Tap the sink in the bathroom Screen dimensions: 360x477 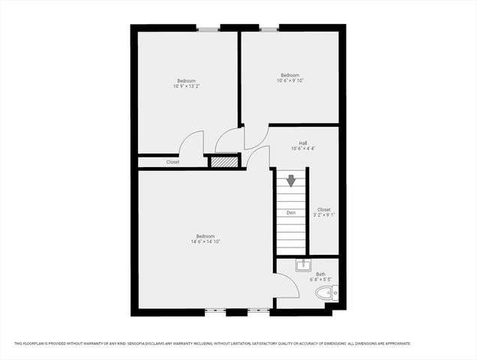click(x=303, y=264)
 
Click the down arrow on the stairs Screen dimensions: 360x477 click(x=291, y=181)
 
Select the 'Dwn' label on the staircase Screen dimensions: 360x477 click(x=291, y=213)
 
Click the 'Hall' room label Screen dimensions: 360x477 click(x=303, y=142)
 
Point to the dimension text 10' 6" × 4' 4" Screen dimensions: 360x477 click(x=303, y=148)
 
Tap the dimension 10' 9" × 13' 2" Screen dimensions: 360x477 click(x=186, y=86)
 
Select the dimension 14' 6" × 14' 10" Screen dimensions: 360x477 click(x=205, y=241)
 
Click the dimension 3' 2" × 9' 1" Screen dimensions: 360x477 click(x=324, y=215)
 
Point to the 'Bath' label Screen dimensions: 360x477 click(x=320, y=274)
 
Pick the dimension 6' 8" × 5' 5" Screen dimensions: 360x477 click(x=320, y=280)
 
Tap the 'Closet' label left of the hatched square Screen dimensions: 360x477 click(x=172, y=161)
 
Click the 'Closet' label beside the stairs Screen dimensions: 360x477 click(x=324, y=209)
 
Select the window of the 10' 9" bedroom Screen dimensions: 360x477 click(x=208, y=28)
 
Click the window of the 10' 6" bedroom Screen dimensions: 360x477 click(x=269, y=28)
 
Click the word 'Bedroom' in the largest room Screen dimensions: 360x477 click(x=205, y=235)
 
